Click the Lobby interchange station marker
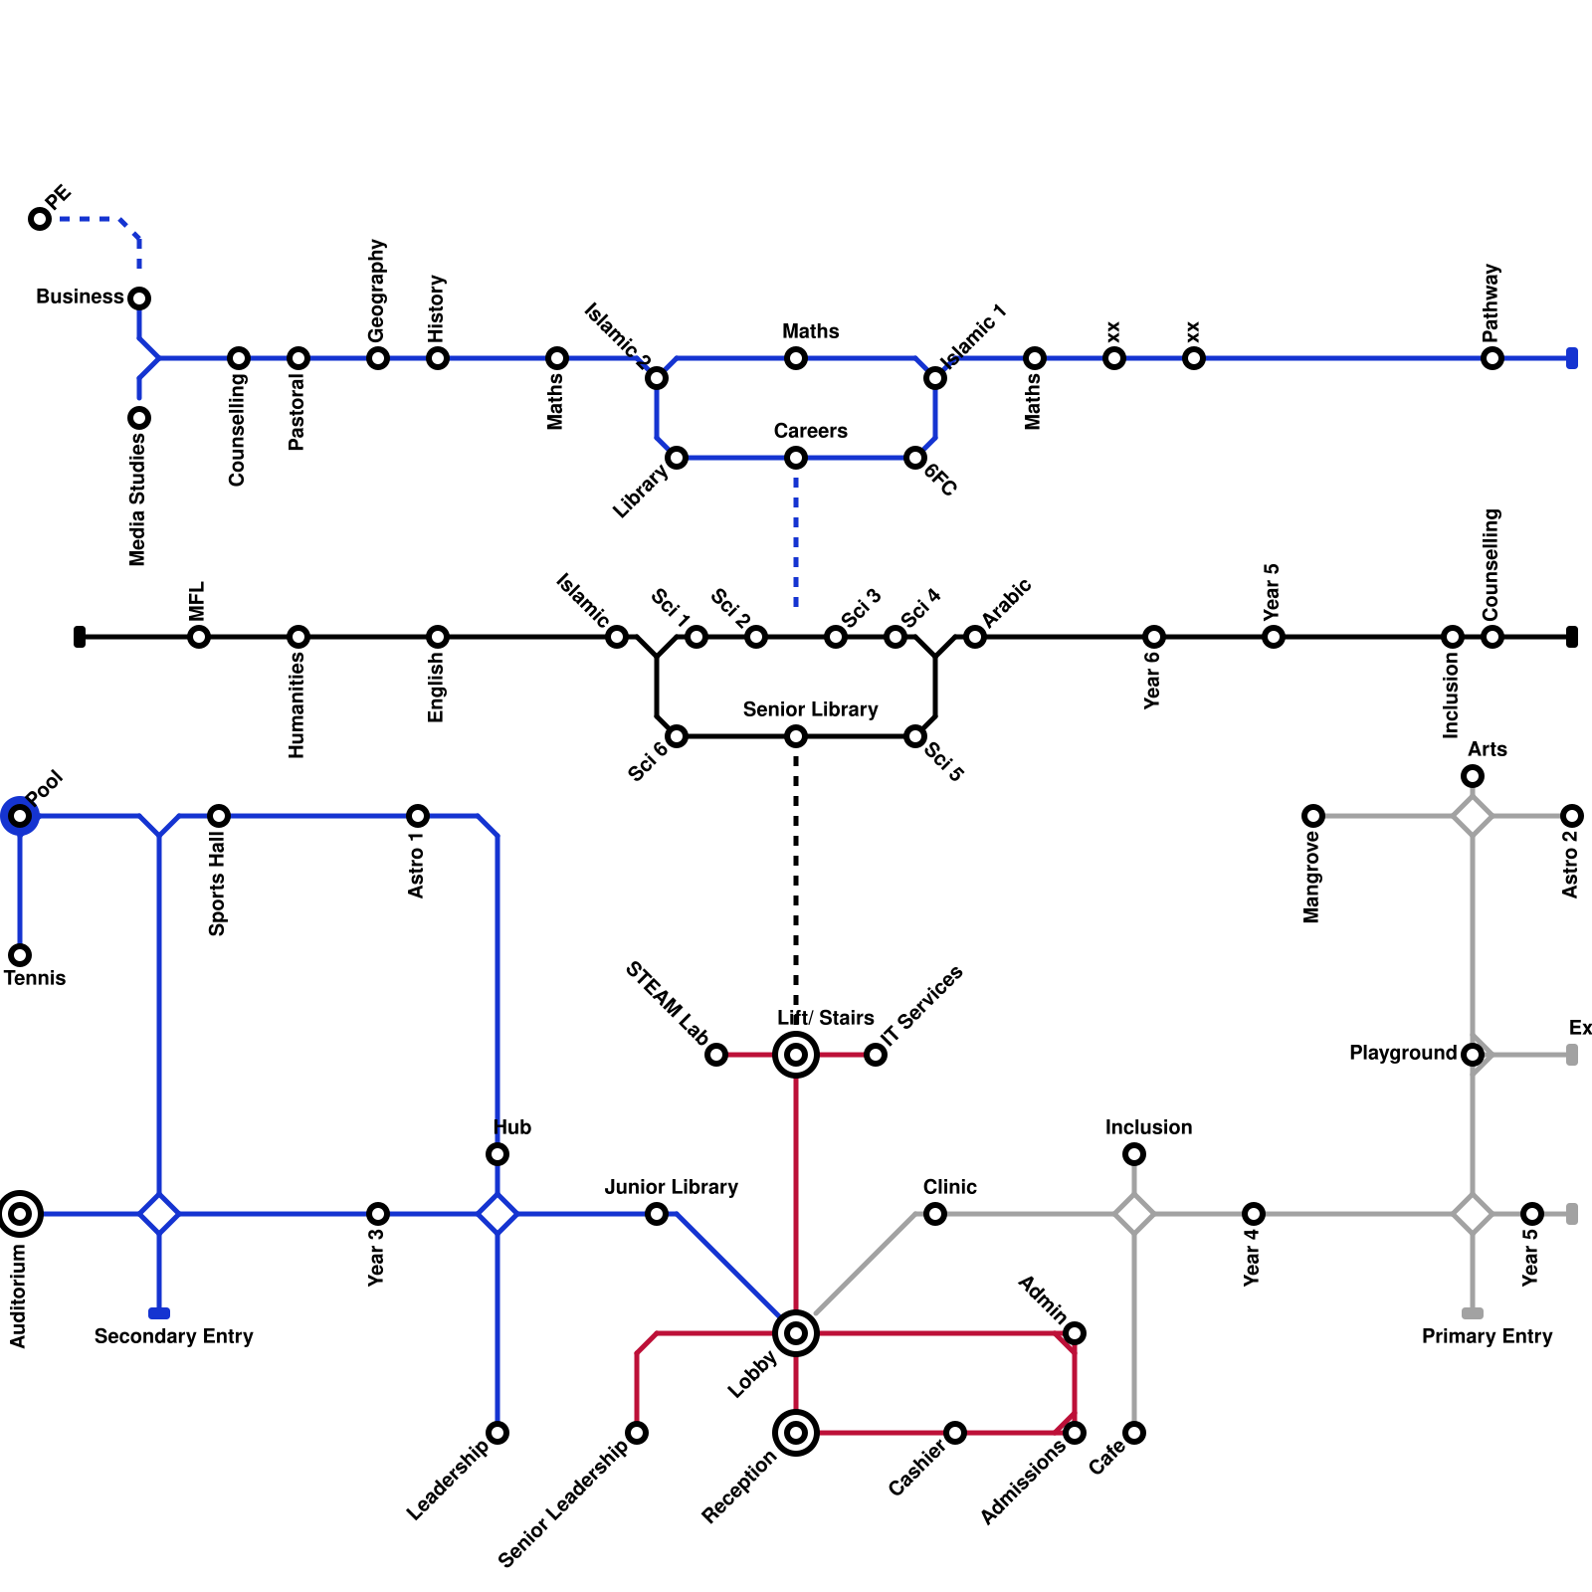[x=796, y=1333]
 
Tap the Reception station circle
[x=796, y=1433]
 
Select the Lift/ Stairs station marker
[x=796, y=1055]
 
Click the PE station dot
[x=40, y=219]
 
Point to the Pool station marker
[x=20, y=816]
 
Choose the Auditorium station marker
[x=20, y=1214]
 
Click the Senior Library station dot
[x=796, y=736]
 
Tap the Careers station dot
[x=796, y=458]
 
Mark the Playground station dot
[x=1473, y=1055]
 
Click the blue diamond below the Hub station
[x=497, y=1214]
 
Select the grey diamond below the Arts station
[x=1473, y=816]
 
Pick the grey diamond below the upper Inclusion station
[x=1134, y=1214]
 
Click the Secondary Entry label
[x=174, y=1336]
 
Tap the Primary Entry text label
[x=1487, y=1336]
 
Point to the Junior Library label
[x=672, y=1187]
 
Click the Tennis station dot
[x=20, y=955]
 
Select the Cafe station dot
[x=1134, y=1433]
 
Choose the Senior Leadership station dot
[x=637, y=1433]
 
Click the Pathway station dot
[x=1492, y=358]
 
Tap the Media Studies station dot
[x=139, y=418]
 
